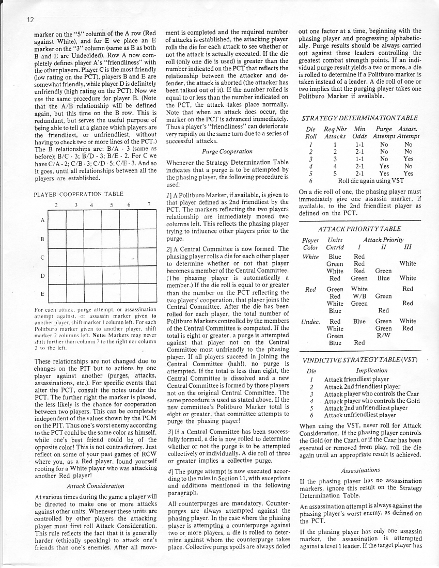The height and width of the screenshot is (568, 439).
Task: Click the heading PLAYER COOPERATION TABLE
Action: [78, 194]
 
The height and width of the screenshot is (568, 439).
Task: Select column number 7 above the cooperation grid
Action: [148, 204]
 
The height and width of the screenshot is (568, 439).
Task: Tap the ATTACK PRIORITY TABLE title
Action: [359, 229]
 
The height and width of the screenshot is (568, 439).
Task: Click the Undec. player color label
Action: [309, 321]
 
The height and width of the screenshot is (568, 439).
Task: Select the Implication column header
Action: [371, 370]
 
